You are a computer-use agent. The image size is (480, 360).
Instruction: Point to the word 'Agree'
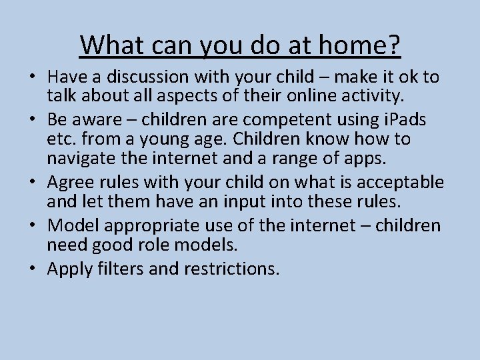(70, 181)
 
